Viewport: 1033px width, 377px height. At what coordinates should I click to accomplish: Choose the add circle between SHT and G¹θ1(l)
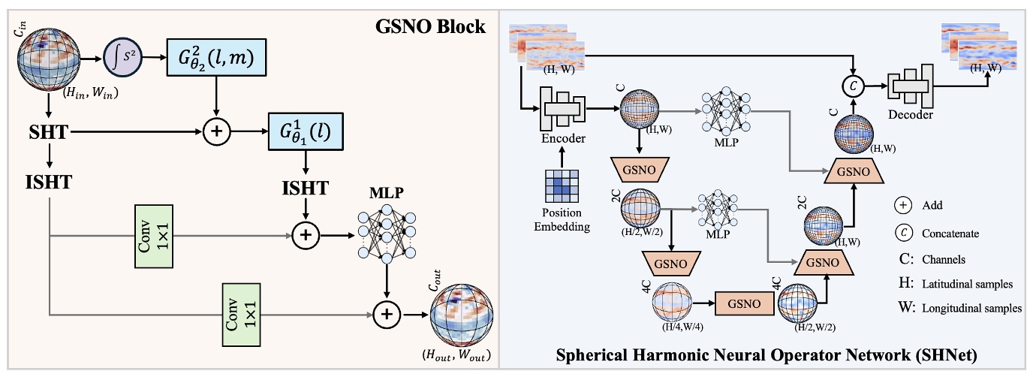[217, 132]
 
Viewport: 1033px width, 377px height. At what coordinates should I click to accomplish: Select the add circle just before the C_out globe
[387, 315]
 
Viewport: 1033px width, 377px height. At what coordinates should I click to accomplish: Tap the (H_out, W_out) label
[458, 357]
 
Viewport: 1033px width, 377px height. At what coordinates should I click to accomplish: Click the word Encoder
[562, 138]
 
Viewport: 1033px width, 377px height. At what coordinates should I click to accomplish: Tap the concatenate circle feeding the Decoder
[854, 86]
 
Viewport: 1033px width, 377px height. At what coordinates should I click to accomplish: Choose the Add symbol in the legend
[905, 205]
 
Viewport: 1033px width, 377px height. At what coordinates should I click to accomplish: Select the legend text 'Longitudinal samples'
[965, 308]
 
